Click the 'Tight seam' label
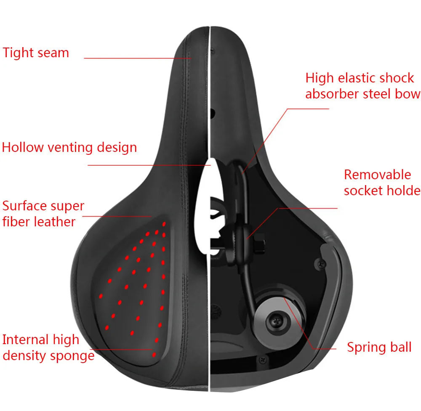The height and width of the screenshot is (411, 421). (x=36, y=53)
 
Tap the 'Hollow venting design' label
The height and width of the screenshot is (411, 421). (x=69, y=147)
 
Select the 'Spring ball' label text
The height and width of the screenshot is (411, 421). (x=379, y=347)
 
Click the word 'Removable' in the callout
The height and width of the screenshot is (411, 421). (x=378, y=175)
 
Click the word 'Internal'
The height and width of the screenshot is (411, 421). (x=26, y=339)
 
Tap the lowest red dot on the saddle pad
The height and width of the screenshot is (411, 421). (x=154, y=355)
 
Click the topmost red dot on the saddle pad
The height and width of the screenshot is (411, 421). (x=164, y=224)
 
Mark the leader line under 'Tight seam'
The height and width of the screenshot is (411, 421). (x=138, y=58)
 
